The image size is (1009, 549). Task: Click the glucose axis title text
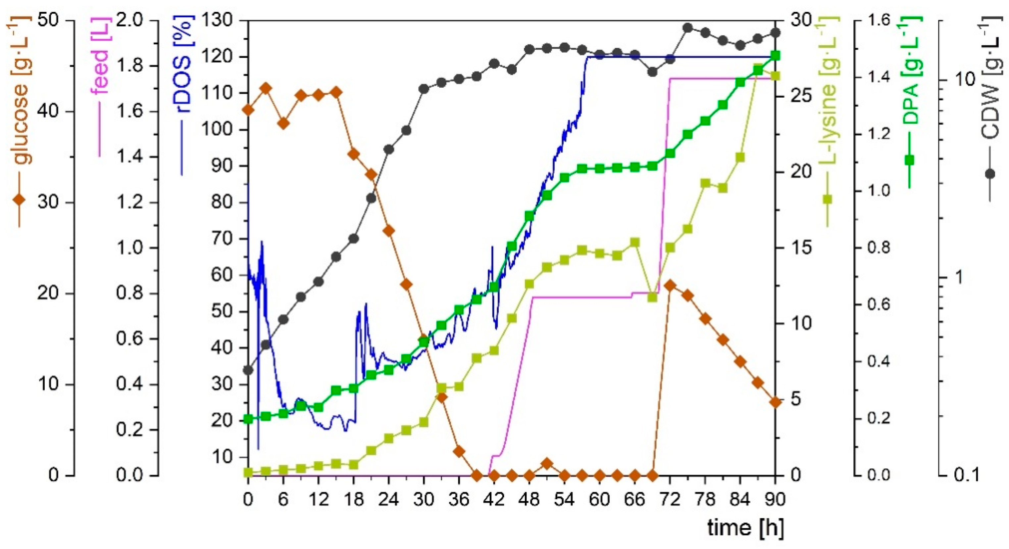(20, 90)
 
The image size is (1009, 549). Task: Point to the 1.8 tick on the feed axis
(129, 66)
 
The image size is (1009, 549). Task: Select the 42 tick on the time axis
(494, 500)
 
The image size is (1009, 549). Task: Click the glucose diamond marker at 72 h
(670, 285)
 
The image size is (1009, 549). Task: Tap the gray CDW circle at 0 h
(248, 370)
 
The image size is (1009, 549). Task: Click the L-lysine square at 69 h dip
(652, 298)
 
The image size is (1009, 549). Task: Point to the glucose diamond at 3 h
(266, 88)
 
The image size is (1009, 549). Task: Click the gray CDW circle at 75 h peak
(687, 28)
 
